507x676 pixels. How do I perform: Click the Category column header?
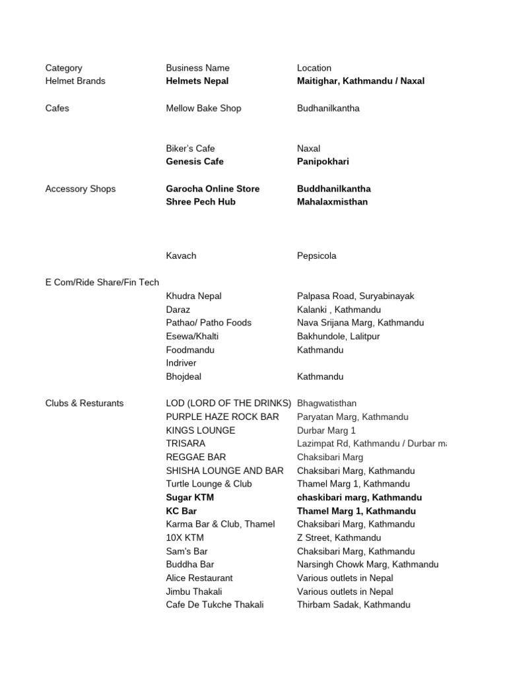point(63,68)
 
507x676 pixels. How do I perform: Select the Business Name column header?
point(197,68)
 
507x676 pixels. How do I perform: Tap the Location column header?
point(314,68)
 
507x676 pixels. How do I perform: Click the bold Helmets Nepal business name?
point(197,81)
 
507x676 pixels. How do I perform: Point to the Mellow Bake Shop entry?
point(203,108)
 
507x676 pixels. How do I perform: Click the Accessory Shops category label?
point(80,189)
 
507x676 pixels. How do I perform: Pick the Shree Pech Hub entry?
point(201,202)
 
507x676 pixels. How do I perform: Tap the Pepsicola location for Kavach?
point(317,256)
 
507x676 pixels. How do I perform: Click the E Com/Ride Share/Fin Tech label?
point(102,283)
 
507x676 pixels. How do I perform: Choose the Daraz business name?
point(178,310)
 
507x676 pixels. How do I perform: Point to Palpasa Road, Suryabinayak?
point(355,296)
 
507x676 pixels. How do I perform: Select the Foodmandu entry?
point(190,350)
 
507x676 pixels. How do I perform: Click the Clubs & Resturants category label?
point(84,403)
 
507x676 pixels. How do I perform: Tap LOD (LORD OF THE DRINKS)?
point(228,403)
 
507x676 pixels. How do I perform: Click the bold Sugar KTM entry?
point(190,498)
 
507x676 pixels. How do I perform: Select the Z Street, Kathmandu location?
point(339,538)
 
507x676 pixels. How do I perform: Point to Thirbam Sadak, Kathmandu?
point(353,605)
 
